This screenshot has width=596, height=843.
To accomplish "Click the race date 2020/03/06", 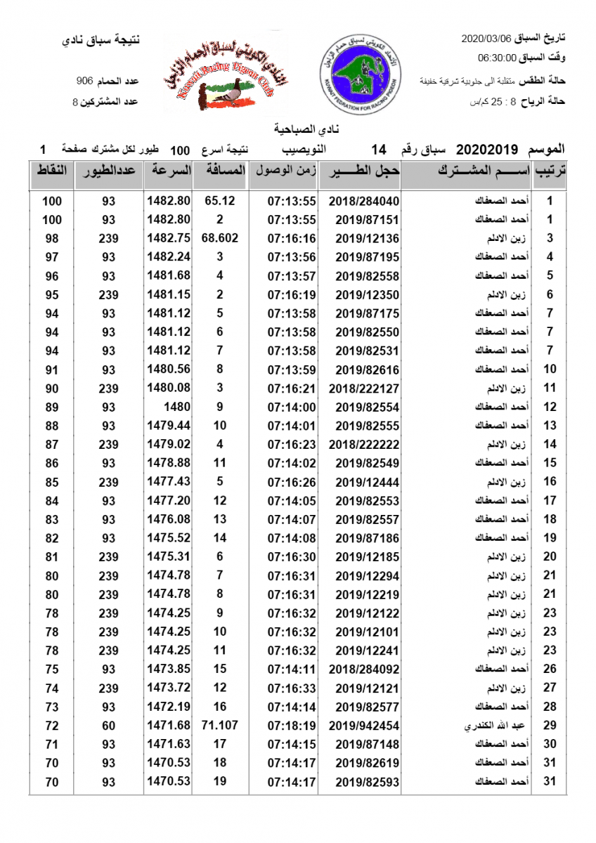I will (486, 37).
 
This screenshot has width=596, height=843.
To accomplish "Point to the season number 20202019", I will (487, 150).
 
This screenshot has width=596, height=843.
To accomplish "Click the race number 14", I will (379, 150).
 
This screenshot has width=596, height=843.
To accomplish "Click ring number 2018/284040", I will (363, 201).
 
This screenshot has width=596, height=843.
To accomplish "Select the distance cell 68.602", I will (219, 238).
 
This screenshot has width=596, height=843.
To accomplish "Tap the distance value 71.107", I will (219, 725).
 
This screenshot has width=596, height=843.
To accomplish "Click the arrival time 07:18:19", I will (291, 725).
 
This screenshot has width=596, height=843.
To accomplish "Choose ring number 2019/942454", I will (363, 725).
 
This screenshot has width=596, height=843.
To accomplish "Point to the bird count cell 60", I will (108, 725).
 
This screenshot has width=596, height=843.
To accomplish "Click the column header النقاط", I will (51, 171).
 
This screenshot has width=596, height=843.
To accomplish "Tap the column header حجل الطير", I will (365, 171).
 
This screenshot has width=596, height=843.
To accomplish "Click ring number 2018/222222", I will (363, 444).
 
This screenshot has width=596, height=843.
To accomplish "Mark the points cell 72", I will (52, 725).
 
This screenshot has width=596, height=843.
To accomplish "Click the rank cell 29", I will (550, 725).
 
